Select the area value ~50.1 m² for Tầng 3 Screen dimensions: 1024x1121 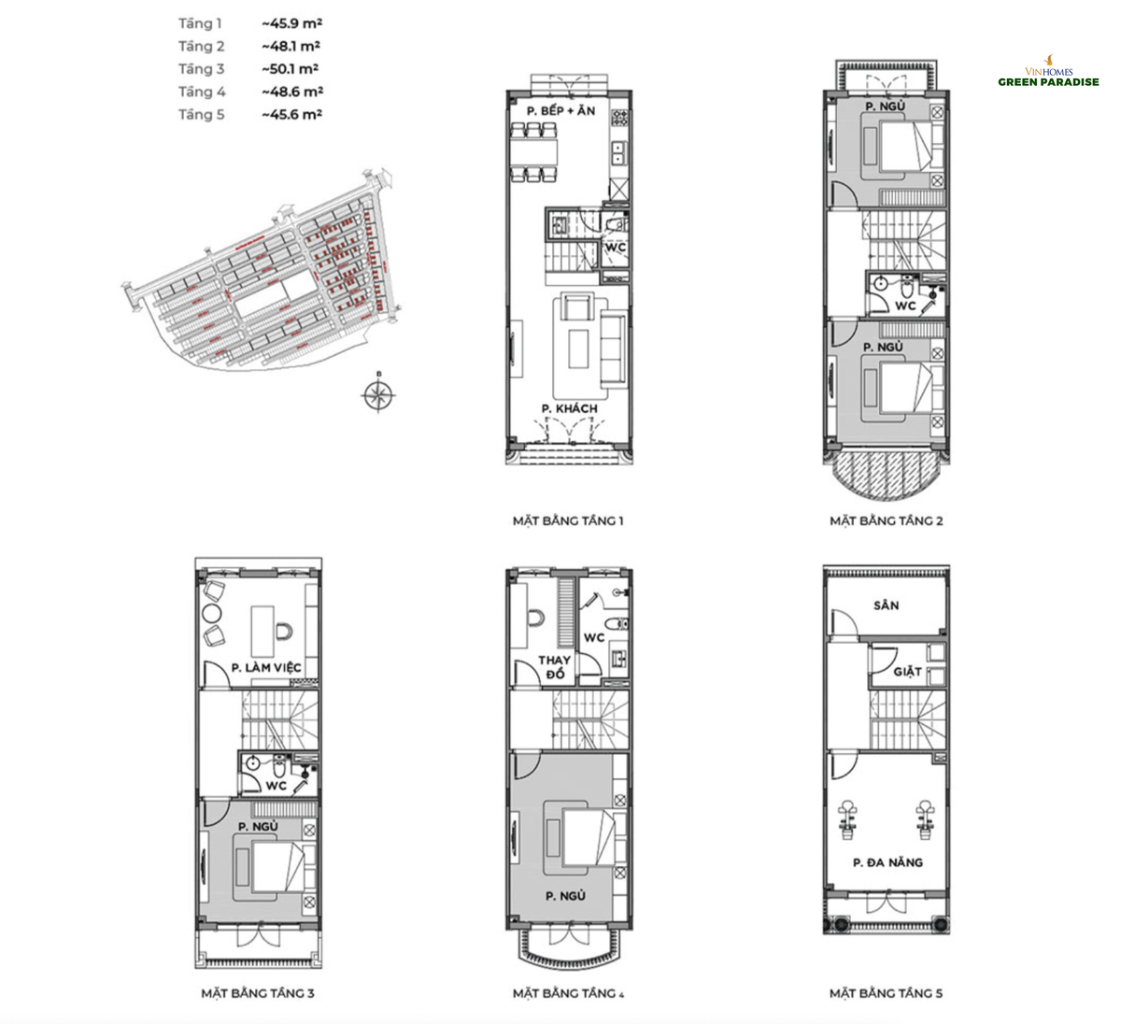291,69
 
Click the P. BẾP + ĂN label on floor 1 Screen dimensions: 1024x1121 560,111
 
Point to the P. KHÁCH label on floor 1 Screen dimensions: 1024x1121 569,408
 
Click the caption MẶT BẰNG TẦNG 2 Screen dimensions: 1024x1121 886,520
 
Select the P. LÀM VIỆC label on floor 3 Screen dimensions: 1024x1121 266,667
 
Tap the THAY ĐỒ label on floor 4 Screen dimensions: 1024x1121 554,667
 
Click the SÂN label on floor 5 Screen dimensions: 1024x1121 887,605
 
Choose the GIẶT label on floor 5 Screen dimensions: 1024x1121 907,671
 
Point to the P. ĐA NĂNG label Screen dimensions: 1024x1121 887,862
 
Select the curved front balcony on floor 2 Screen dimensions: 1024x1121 885,474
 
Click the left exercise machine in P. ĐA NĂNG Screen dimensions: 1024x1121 849,815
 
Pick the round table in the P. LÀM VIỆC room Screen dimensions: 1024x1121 211,613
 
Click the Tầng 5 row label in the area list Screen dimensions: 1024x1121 202,115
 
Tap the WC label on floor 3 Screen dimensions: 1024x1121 276,786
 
